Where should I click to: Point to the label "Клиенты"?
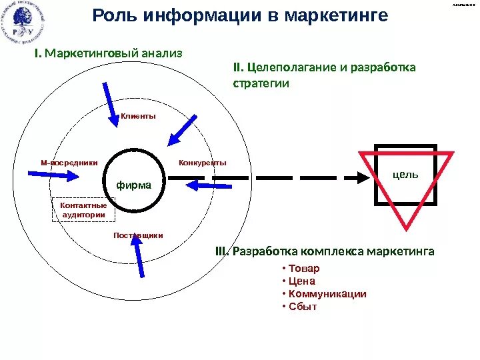click(138, 116)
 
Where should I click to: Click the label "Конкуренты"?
click(203, 163)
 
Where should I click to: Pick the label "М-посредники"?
click(69, 163)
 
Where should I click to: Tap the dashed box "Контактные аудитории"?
click(83, 210)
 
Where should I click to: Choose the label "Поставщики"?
click(138, 235)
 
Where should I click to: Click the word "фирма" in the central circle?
click(134, 185)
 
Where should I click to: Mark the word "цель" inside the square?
click(406, 174)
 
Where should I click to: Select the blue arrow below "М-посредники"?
click(54, 174)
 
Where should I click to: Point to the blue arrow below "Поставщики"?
click(139, 257)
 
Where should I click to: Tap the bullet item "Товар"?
click(303, 269)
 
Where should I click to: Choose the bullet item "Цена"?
click(301, 281)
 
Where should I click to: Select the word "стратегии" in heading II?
click(261, 84)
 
